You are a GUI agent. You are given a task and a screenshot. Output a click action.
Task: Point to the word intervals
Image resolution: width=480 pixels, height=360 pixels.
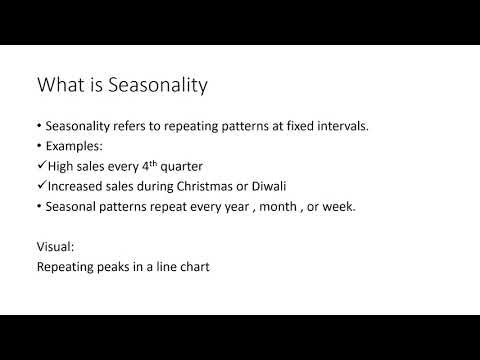[330, 127]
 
